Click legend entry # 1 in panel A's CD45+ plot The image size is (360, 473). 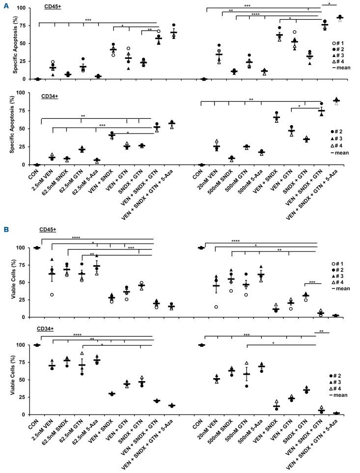click(x=339, y=42)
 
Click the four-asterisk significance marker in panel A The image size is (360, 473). click(x=255, y=14)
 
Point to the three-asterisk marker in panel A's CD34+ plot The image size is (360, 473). click(x=102, y=126)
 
